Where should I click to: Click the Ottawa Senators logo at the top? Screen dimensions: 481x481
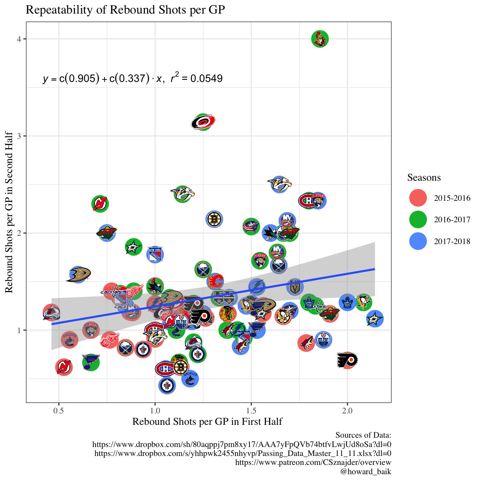click(x=320, y=39)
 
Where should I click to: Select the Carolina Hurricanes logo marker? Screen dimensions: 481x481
click(x=203, y=122)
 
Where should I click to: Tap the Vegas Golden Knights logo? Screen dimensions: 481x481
click(x=295, y=287)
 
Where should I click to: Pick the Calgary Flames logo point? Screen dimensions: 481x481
click(x=215, y=281)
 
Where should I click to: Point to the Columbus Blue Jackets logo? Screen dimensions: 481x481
click(x=251, y=226)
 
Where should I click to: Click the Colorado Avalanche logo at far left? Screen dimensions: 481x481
click(x=51, y=313)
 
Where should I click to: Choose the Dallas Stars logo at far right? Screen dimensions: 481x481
click(x=375, y=319)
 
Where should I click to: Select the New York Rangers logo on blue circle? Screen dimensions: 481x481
click(x=155, y=254)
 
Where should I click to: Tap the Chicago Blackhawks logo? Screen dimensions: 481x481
click(x=228, y=314)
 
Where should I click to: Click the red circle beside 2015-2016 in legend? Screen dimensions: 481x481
click(x=418, y=198)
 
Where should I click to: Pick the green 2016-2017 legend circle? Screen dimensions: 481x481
click(x=418, y=219)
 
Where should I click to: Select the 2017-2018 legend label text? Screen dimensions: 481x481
click(x=452, y=241)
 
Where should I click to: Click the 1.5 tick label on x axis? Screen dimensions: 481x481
click(x=251, y=410)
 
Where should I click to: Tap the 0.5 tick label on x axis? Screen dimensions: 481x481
click(x=59, y=410)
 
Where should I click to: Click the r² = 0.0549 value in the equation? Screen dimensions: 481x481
click(x=196, y=78)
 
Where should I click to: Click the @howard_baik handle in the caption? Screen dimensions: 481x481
click(x=365, y=471)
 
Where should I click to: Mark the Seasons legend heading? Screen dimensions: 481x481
click(x=424, y=178)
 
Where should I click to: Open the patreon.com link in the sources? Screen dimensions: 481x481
click(x=313, y=462)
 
